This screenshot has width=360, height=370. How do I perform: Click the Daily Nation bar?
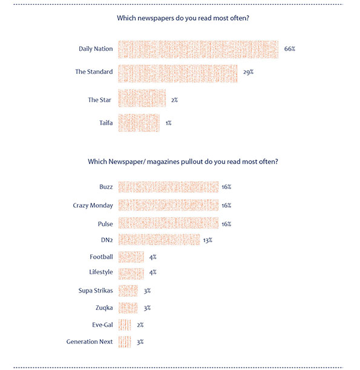(198, 49)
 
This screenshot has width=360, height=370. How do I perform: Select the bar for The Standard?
(178, 74)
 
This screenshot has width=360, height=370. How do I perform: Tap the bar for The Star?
(142, 98)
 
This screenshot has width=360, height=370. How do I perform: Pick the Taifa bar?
(139, 123)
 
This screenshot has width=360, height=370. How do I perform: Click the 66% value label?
(290, 49)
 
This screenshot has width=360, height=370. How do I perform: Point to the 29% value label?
(249, 72)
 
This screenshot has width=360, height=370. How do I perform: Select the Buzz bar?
(168, 187)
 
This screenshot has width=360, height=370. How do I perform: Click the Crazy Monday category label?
(93, 205)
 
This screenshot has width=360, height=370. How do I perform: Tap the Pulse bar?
(168, 223)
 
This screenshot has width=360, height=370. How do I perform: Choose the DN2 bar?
(159, 240)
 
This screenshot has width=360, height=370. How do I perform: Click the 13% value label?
(208, 240)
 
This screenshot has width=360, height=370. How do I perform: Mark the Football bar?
(131, 257)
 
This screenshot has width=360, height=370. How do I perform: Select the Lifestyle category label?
(101, 273)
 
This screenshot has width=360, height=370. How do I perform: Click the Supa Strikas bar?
(128, 291)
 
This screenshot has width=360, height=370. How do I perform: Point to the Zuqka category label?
(104, 308)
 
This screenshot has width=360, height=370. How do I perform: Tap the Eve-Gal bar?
(125, 325)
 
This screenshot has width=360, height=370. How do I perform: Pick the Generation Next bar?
(125, 342)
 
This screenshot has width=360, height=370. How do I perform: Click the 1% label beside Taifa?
(169, 123)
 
